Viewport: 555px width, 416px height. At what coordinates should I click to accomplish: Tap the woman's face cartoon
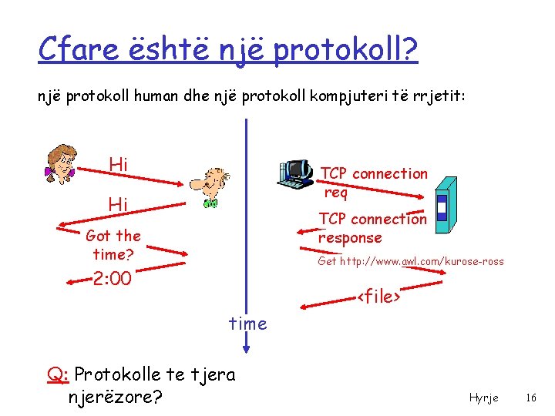click(59, 163)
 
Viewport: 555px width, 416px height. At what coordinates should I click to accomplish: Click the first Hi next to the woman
click(119, 164)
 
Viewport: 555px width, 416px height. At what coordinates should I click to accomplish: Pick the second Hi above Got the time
click(118, 204)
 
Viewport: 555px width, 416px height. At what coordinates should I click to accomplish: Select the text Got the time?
click(113, 245)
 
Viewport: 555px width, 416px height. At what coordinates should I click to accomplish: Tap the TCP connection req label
click(373, 183)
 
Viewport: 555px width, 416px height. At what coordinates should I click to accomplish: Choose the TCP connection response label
click(372, 228)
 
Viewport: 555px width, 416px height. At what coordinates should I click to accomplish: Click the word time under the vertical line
click(247, 324)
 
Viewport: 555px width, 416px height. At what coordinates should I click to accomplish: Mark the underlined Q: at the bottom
click(59, 375)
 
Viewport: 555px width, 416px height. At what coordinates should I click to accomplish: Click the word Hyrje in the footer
click(483, 398)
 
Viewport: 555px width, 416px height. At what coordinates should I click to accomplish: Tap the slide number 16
click(530, 398)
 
